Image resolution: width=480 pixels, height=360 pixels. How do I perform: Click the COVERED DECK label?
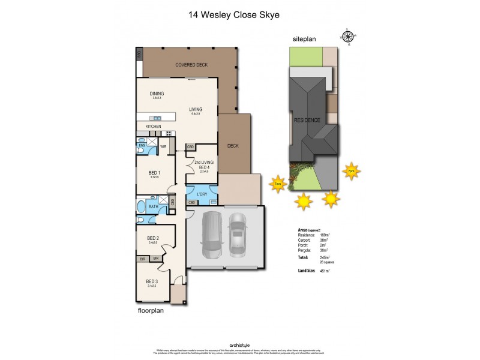191,64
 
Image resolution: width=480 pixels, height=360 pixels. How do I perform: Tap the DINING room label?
157,94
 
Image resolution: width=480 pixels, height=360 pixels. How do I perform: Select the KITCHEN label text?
153,127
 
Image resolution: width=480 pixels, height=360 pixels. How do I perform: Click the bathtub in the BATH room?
142,208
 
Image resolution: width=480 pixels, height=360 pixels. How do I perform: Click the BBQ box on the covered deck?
139,54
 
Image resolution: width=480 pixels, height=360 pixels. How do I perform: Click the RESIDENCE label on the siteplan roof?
307,120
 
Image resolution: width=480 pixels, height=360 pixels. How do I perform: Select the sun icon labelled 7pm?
351,172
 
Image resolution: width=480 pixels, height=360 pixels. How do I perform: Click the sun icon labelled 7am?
277,184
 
